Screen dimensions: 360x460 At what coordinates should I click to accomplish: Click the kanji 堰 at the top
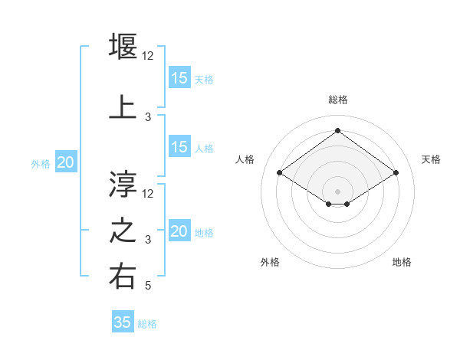click(123, 45)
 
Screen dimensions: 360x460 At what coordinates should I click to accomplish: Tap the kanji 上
click(123, 106)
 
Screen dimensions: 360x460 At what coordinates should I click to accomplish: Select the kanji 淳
click(123, 183)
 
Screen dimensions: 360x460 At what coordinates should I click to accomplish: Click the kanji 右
click(123, 277)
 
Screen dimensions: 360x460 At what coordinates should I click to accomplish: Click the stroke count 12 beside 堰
click(149, 55)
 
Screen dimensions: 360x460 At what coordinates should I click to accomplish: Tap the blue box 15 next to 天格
click(179, 78)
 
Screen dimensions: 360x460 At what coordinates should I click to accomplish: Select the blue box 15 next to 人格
click(179, 147)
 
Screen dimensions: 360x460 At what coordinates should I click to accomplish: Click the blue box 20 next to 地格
click(179, 231)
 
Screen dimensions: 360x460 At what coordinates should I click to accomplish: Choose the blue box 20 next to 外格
click(66, 162)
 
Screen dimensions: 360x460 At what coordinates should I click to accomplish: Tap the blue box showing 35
click(123, 322)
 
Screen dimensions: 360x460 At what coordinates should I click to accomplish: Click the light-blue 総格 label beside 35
click(147, 324)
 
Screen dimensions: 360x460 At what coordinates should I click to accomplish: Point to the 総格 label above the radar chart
click(337, 100)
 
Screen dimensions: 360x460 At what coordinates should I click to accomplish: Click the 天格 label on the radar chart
click(431, 159)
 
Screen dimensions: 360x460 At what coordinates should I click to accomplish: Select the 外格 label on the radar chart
click(270, 262)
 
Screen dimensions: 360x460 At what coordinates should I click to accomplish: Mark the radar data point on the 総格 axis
click(337, 131)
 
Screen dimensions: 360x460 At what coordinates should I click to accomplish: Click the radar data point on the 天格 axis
click(396, 173)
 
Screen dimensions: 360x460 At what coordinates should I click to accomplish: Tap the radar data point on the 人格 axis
click(280, 173)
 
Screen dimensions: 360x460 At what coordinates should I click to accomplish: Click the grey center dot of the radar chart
click(337, 190)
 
